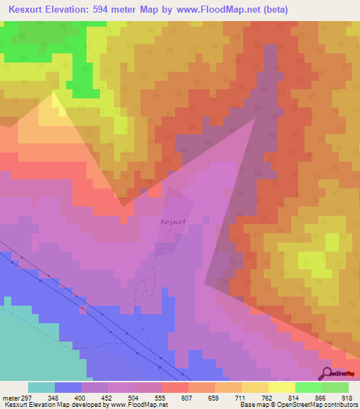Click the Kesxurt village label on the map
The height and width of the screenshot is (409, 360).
(173, 222)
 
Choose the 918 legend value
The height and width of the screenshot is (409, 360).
(347, 397)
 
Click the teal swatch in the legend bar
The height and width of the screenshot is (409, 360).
(41, 387)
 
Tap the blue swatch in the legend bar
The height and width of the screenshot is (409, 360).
(68, 387)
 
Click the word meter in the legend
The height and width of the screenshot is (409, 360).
(8, 397)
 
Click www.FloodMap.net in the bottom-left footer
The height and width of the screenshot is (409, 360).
(144, 405)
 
